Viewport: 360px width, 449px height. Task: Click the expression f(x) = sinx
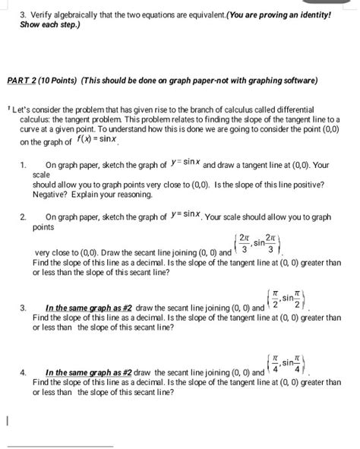(97, 141)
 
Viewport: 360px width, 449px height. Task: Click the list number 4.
(26, 372)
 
